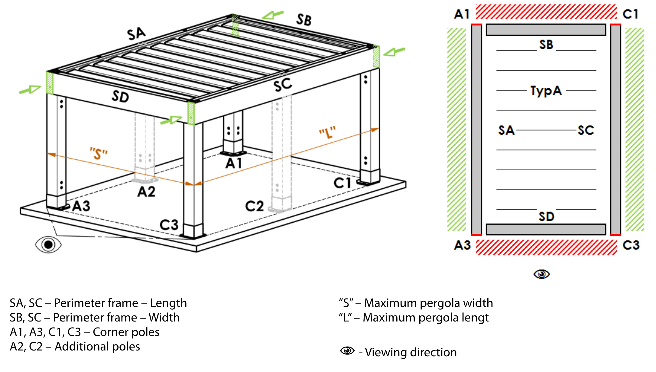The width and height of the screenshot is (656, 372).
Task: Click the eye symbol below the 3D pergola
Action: tap(48, 244)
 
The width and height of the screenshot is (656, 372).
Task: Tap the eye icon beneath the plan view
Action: tap(541, 274)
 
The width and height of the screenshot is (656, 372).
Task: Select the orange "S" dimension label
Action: tap(99, 153)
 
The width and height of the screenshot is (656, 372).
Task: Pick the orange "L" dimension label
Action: tap(327, 132)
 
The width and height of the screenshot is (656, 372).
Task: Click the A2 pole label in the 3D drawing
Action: tap(146, 192)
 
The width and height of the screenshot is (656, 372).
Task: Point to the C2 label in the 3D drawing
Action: tap(254, 206)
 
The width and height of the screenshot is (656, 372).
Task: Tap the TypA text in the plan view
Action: tap(546, 90)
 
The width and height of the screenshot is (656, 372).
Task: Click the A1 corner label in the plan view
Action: tap(462, 14)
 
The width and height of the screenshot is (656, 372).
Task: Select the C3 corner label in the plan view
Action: tap(631, 245)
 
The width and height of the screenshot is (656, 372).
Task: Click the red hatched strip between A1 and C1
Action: tap(546, 12)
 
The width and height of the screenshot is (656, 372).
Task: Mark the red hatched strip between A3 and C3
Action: tap(546, 247)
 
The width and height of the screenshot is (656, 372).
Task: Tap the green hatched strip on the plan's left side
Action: tap(456, 129)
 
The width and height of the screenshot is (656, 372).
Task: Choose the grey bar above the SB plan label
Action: tap(546, 30)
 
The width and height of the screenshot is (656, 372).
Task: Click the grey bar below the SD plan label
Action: tap(546, 229)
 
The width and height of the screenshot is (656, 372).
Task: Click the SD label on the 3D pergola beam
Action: tap(120, 97)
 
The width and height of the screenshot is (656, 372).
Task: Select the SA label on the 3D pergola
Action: tap(136, 34)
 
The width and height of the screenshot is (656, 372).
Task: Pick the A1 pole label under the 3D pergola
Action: tap(234, 164)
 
